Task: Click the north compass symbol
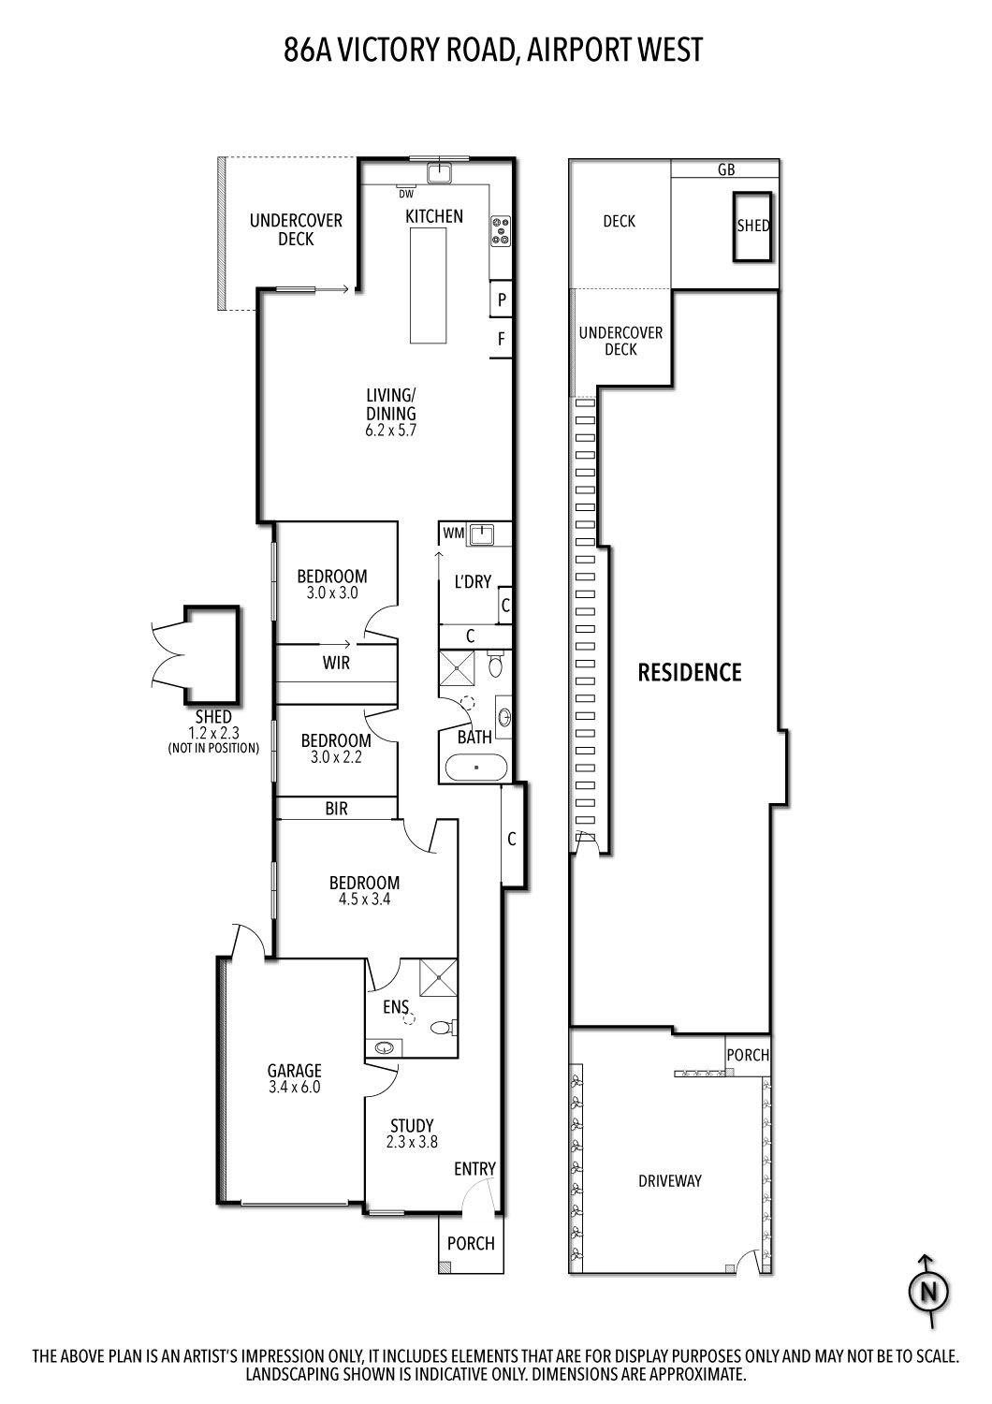click(929, 1292)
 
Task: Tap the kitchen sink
click(439, 171)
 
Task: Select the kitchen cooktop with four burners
click(501, 230)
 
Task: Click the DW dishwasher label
click(406, 194)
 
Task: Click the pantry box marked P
click(502, 300)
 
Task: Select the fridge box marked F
click(502, 340)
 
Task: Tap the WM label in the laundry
click(454, 534)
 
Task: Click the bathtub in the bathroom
click(476, 768)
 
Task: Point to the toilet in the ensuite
click(443, 1027)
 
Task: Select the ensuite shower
click(438, 979)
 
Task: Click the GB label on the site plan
click(725, 169)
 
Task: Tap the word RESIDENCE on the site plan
click(690, 672)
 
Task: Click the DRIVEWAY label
click(670, 1181)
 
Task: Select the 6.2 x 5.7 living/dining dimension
click(390, 431)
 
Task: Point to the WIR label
click(336, 663)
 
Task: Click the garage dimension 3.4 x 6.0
click(294, 1088)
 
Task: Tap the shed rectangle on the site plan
click(752, 227)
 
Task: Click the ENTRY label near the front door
click(474, 1169)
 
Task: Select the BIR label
click(336, 809)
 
